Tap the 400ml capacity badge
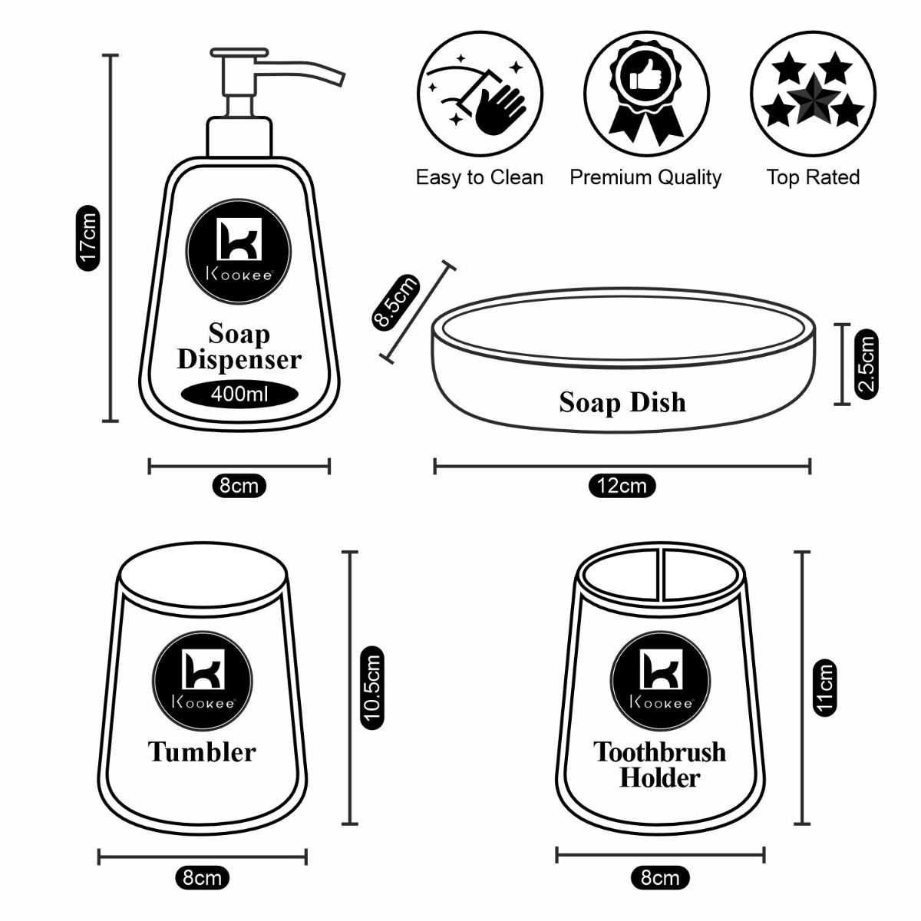click(239, 394)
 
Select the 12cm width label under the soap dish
click(622, 486)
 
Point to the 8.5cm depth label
click(396, 302)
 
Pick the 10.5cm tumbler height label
click(372, 688)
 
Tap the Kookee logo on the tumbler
click(203, 675)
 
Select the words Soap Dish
click(622, 402)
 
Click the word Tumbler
click(202, 751)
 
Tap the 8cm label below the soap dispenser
click(239, 486)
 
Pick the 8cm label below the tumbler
click(202, 877)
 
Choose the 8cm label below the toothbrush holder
click(660, 877)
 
